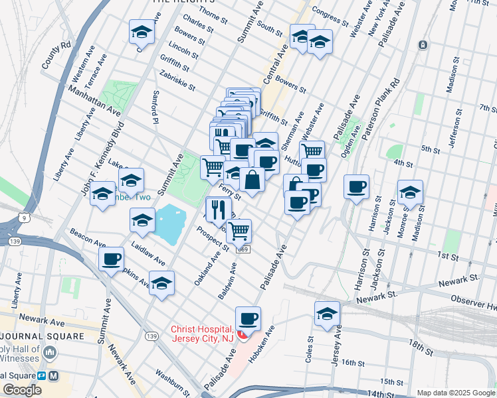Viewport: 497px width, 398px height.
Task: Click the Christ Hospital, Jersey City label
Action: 203,334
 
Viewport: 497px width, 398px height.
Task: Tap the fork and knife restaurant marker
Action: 219,210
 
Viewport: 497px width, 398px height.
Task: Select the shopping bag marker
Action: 252,180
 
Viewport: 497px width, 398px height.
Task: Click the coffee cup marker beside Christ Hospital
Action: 248,319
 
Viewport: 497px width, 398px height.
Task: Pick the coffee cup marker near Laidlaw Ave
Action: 111,258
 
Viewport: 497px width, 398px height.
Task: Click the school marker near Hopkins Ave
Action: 161,283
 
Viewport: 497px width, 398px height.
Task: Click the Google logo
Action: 23,390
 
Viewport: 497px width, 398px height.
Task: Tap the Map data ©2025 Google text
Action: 454,393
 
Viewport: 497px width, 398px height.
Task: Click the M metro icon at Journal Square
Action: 54,375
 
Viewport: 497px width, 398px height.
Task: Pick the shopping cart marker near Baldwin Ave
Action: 239,231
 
